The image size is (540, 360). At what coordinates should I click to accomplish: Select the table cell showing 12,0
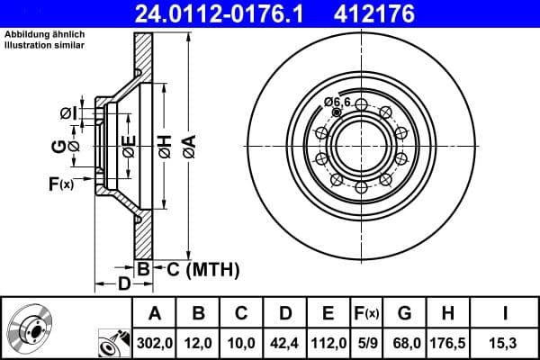pos(200,343)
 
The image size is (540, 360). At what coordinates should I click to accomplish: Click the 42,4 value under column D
pos(285,343)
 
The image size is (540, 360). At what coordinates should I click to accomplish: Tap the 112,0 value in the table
pos(328,343)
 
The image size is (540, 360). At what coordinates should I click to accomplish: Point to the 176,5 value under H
pos(447,343)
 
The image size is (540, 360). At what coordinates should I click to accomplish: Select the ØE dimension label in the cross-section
pos(130,146)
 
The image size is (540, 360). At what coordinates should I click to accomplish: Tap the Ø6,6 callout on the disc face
pos(337,102)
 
